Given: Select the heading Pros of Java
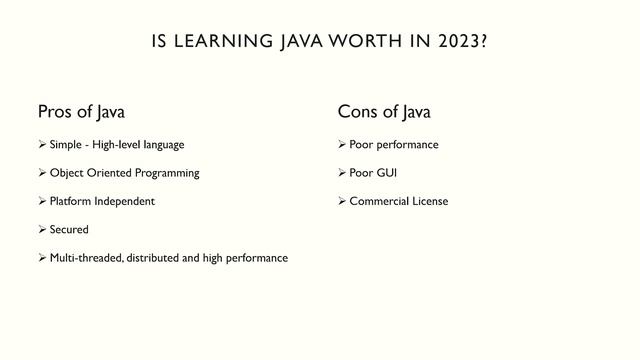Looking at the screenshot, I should (x=81, y=111).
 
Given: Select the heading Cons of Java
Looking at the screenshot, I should (x=384, y=111).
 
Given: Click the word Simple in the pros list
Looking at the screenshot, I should (x=66, y=145).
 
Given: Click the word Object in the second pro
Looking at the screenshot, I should (x=67, y=173).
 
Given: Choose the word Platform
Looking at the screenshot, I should (x=71, y=201).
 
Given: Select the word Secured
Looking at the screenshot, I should (x=69, y=229).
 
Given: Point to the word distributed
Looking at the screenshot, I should (x=153, y=258).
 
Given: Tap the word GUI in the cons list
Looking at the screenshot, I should (x=387, y=173).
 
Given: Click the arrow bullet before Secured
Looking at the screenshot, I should (x=42, y=229).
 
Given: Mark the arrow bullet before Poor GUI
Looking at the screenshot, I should (x=342, y=173).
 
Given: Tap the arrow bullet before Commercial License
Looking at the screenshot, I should (x=342, y=201).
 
